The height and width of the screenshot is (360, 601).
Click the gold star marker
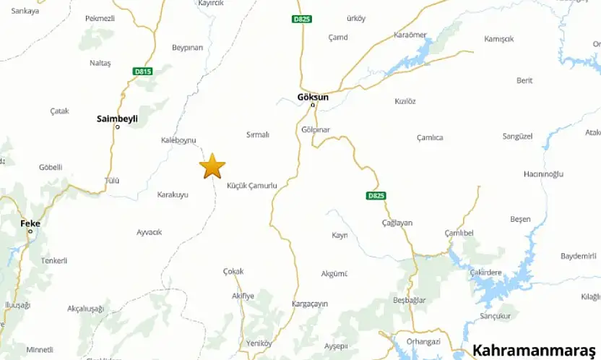click(212, 166)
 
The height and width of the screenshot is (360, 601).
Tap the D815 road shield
click(142, 72)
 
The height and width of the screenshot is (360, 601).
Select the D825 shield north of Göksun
click(302, 19)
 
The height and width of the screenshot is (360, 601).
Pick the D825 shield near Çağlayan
click(376, 196)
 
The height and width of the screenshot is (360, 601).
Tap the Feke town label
click(30, 223)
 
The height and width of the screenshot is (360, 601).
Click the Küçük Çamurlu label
click(252, 186)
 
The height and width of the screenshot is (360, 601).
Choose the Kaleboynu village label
click(178, 140)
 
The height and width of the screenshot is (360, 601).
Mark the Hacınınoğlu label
click(543, 174)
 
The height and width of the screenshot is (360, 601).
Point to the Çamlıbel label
click(459, 233)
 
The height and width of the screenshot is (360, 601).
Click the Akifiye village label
click(243, 296)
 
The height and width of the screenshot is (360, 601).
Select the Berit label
click(524, 80)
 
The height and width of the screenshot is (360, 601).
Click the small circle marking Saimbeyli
click(118, 127)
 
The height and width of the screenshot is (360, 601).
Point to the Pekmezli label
click(100, 18)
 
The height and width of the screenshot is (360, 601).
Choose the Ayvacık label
click(150, 232)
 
